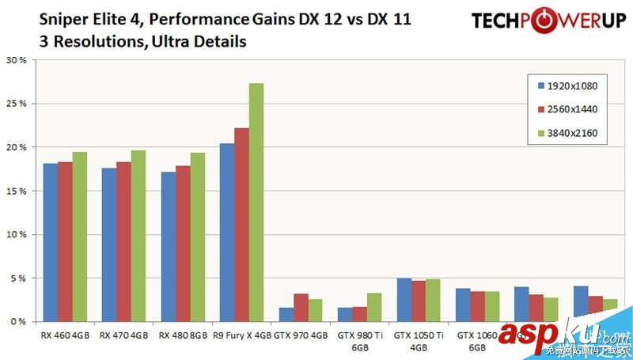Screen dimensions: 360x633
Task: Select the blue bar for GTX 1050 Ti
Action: click(x=403, y=300)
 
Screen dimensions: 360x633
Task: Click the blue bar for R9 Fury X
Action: click(x=227, y=233)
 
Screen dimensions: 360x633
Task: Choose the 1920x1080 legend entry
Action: click(x=568, y=85)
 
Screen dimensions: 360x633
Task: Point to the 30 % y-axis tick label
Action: click(x=17, y=60)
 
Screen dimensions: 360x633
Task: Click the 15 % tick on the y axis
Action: click(x=17, y=191)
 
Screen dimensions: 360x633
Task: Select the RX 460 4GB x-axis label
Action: click(x=65, y=335)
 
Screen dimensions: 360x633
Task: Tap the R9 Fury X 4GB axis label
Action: click(x=242, y=335)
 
